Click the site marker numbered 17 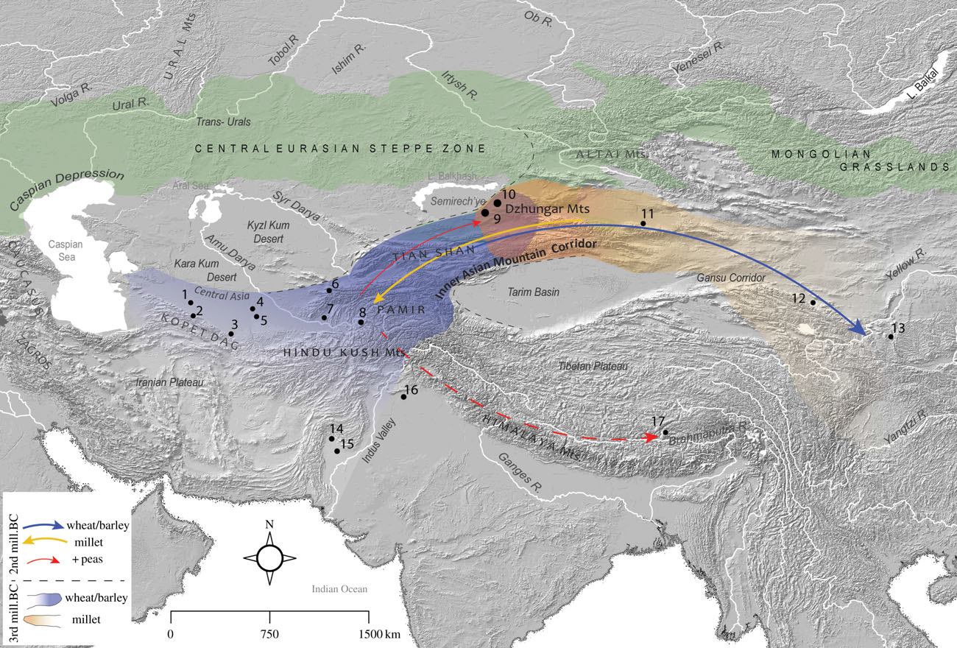665,433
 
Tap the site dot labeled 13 891,337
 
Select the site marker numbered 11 643,223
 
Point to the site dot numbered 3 231,334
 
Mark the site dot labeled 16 403,397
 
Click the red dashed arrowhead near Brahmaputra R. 653,437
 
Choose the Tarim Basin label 534,292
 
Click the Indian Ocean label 339,589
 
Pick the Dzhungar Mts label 543,208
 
